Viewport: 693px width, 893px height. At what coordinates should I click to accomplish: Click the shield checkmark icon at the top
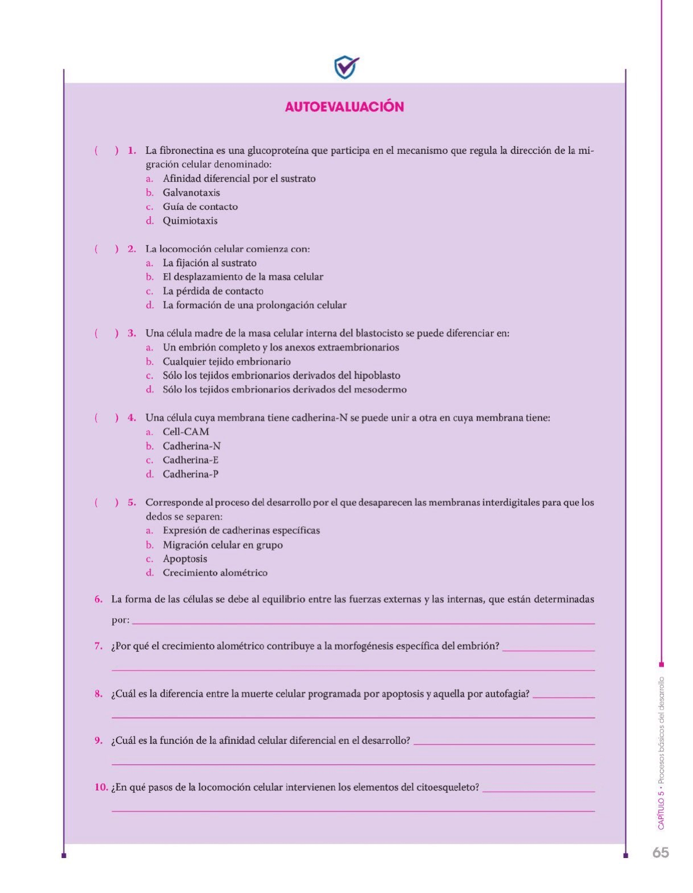tap(346, 67)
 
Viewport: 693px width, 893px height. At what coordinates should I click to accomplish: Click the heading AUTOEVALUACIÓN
tap(344, 107)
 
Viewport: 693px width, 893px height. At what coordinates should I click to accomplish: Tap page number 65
tap(660, 852)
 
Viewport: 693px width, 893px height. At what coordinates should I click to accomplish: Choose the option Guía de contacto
tap(200, 207)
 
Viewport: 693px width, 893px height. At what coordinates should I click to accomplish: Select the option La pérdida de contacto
tap(213, 291)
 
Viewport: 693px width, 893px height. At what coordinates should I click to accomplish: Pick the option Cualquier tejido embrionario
tap(227, 362)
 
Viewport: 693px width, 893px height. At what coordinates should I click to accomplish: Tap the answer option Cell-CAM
tap(186, 432)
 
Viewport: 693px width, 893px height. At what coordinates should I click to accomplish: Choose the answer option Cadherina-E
tap(190, 460)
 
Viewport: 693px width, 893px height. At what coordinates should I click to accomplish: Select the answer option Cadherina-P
tap(190, 474)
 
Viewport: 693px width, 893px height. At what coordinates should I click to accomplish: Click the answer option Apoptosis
tap(185, 559)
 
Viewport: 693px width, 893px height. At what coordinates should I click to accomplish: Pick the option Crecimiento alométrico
tap(215, 573)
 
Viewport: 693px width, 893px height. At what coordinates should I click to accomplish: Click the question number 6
tap(98, 599)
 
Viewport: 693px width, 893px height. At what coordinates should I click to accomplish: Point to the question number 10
tap(101, 788)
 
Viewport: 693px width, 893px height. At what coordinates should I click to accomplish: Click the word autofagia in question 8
tap(507, 694)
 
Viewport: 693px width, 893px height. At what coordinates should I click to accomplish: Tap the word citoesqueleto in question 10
tap(447, 788)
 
